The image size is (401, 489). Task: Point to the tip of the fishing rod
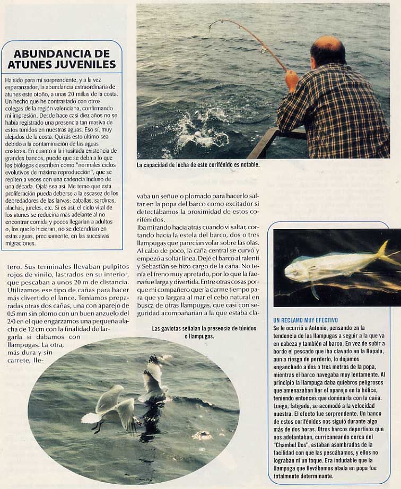point(211,26)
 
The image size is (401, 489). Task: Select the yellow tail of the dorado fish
point(386,254)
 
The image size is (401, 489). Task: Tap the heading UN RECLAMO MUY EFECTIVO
point(306,320)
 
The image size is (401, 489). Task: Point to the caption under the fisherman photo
point(198,165)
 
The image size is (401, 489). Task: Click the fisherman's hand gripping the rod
point(291,79)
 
